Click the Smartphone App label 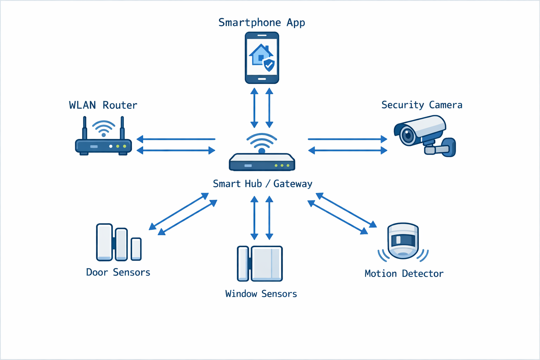[262, 22]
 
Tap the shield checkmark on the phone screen [269, 65]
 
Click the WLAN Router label [103, 105]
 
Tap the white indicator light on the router [111, 146]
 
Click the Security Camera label [422, 105]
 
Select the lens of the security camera [408, 135]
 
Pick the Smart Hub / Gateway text [262, 184]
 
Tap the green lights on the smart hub [282, 165]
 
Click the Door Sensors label [118, 272]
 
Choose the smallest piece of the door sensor [136, 249]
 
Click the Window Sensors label [261, 294]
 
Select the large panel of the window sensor [266, 264]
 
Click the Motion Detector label [404, 274]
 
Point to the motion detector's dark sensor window [403, 240]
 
